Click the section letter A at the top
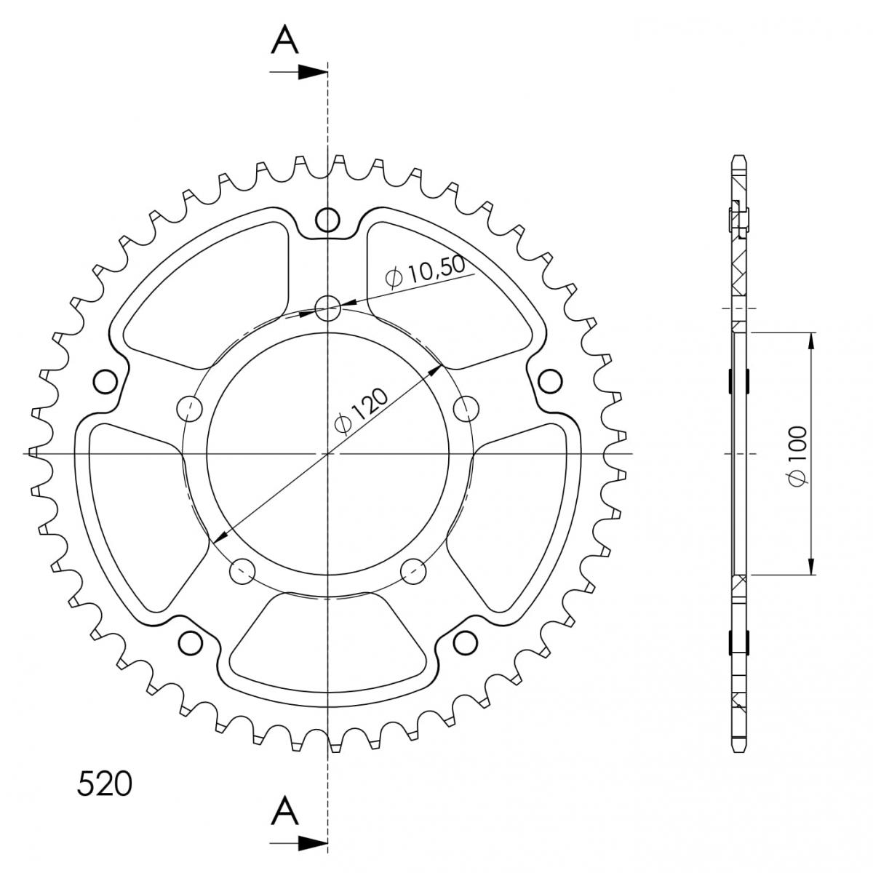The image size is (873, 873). click(285, 40)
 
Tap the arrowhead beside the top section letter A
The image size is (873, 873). click(313, 72)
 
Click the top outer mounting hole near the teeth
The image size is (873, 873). click(327, 220)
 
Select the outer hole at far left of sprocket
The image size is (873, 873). click(105, 381)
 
